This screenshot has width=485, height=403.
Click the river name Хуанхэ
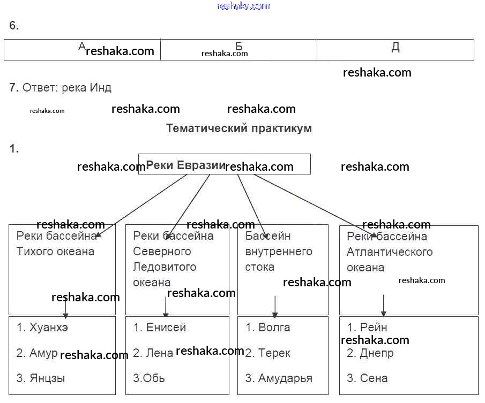[49, 328]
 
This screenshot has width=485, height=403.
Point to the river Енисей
[166, 328]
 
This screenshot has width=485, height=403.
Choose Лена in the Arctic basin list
[159, 353]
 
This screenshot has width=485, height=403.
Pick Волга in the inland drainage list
[274, 328]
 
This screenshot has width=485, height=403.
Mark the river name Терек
[274, 353]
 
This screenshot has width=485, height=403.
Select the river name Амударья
[285, 378]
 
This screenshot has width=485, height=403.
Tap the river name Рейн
[374, 328]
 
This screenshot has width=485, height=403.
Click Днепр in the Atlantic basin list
[377, 353]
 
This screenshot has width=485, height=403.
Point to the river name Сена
[374, 378]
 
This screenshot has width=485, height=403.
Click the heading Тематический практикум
[239, 128]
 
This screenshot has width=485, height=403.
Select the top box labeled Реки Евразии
[224, 164]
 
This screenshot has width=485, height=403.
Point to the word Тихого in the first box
[36, 252]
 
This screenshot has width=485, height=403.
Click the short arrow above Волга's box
[275, 306]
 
